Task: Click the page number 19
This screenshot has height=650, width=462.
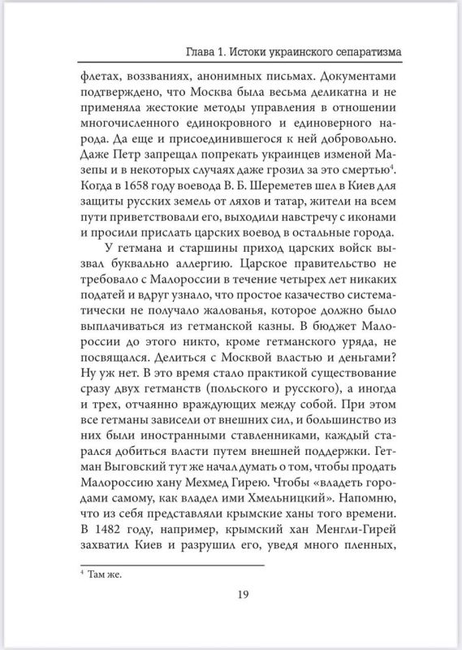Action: [x=243, y=616]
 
